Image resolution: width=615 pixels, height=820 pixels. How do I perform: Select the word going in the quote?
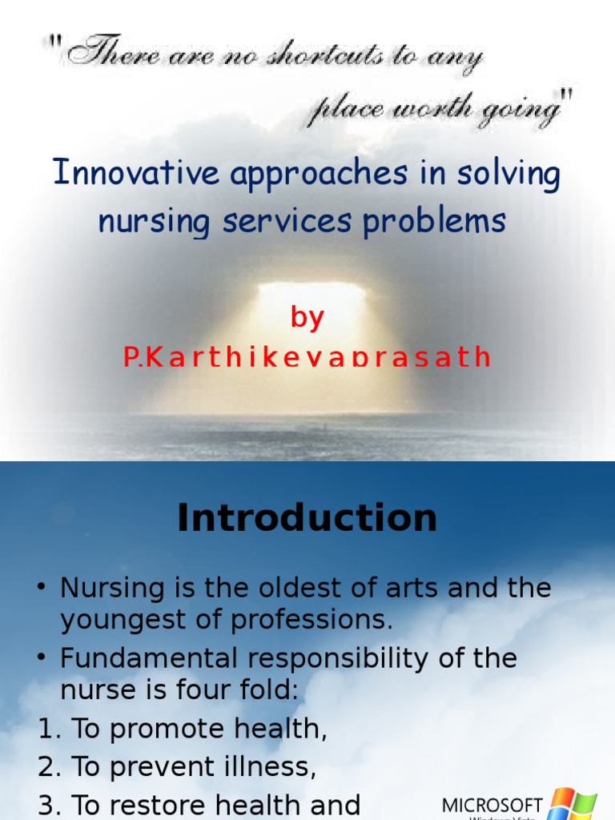click(x=520, y=111)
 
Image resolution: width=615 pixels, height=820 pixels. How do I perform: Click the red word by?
click(x=307, y=318)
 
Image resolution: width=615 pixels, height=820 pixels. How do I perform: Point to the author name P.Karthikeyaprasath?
click(x=307, y=357)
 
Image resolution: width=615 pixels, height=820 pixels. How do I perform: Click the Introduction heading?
click(x=307, y=518)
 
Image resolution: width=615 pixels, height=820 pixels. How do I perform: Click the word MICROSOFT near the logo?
click(x=493, y=805)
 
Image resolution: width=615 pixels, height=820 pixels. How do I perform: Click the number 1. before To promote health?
click(x=50, y=730)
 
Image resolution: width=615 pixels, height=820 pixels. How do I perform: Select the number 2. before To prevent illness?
click(x=50, y=768)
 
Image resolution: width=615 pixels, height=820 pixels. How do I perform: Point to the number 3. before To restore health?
click(x=50, y=805)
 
